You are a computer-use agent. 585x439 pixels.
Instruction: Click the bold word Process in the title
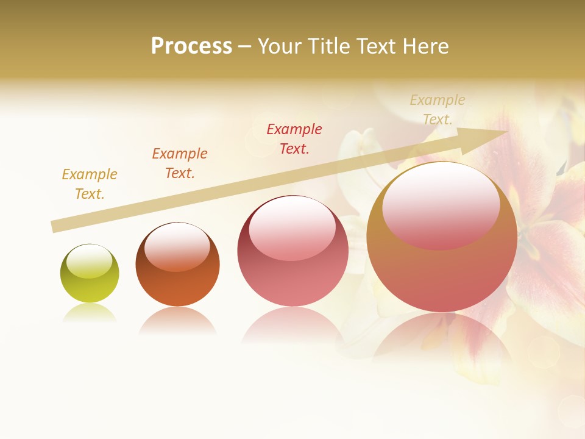coord(191,46)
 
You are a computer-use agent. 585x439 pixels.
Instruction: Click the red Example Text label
coord(294,138)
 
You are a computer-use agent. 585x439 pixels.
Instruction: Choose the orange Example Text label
coord(179,163)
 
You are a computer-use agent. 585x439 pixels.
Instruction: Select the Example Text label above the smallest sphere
coord(90,184)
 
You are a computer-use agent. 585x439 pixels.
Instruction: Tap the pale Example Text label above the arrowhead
coord(437,109)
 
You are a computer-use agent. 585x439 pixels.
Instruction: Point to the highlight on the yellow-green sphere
coord(89,261)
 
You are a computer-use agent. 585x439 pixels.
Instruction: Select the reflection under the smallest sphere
coord(90,312)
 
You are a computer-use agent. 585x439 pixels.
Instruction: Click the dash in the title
coord(245,46)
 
